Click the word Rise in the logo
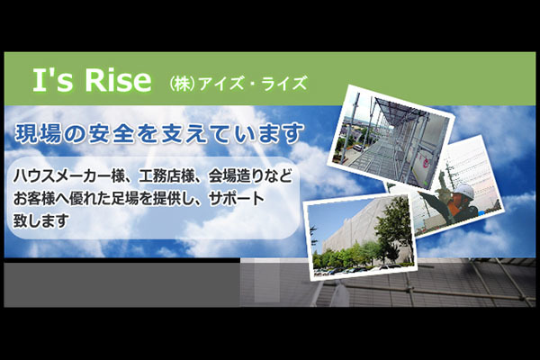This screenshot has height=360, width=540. pyautogui.click(x=118, y=80)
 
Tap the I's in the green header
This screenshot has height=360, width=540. pyautogui.click(x=53, y=80)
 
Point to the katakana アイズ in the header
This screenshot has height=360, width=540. pyautogui.click(x=221, y=84)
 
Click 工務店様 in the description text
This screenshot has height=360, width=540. pyautogui.click(x=166, y=176)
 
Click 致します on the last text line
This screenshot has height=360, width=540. pyautogui.click(x=40, y=220)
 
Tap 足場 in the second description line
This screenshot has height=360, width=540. pyautogui.click(x=125, y=199)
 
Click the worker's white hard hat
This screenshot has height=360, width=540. pyautogui.click(x=463, y=191)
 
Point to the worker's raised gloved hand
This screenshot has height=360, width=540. pyautogui.click(x=423, y=195)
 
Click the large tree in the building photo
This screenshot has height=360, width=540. pyautogui.click(x=393, y=228)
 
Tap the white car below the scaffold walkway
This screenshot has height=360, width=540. pyautogui.click(x=359, y=148)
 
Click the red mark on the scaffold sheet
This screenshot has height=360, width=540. pyautogui.click(x=426, y=162)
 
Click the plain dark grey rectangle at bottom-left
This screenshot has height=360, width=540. pyautogui.click(x=121, y=284)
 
